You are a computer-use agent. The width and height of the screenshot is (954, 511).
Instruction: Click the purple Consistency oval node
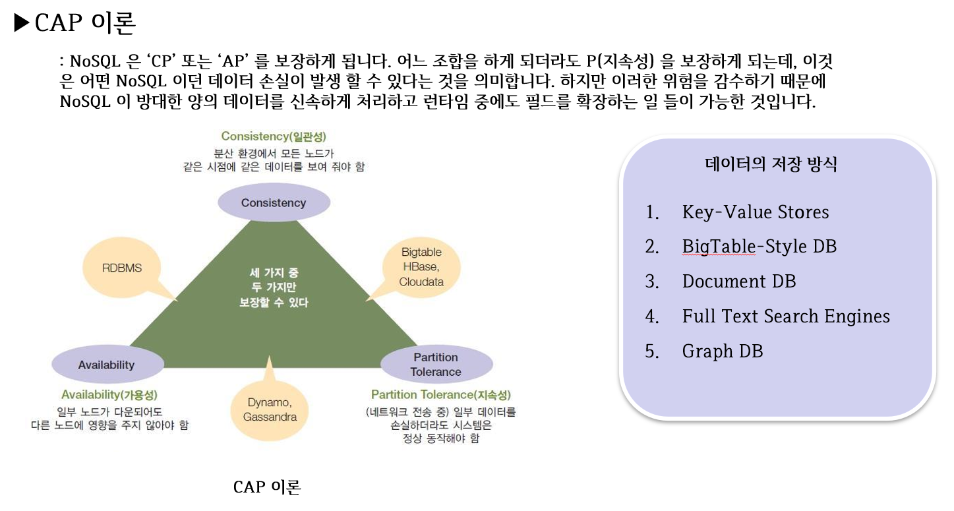(x=274, y=202)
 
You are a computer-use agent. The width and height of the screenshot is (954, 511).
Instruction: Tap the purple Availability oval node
(x=107, y=365)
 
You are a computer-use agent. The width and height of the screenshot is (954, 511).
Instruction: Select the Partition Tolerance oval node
(x=436, y=365)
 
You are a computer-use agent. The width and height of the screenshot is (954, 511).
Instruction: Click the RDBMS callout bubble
(x=122, y=268)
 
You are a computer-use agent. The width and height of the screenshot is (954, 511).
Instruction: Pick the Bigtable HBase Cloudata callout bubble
(x=421, y=267)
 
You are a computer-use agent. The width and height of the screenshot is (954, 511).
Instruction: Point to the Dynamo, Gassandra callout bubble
(x=270, y=409)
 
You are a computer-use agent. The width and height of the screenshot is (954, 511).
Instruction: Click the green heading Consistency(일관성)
(x=274, y=136)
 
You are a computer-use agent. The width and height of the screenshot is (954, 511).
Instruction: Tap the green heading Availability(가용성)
(x=109, y=394)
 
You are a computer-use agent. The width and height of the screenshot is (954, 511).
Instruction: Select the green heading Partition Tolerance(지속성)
(x=441, y=394)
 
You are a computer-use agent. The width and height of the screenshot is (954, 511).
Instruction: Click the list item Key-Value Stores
(x=756, y=212)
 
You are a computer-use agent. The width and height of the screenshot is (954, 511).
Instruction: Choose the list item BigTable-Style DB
(x=759, y=247)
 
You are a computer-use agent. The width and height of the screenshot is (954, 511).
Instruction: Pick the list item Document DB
(x=739, y=282)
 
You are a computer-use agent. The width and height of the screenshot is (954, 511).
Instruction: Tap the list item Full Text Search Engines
(x=786, y=316)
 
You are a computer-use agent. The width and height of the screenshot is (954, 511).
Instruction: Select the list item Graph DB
(x=723, y=351)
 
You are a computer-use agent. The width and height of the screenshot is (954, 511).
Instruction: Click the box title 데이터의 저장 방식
(x=771, y=164)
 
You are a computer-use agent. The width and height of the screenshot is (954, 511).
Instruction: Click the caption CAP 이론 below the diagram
(x=267, y=487)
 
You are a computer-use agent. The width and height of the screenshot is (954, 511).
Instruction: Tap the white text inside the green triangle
(x=274, y=287)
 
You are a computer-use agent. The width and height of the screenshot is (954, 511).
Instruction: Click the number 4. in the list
(x=652, y=316)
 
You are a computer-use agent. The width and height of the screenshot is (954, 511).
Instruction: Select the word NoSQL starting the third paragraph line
(x=83, y=103)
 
